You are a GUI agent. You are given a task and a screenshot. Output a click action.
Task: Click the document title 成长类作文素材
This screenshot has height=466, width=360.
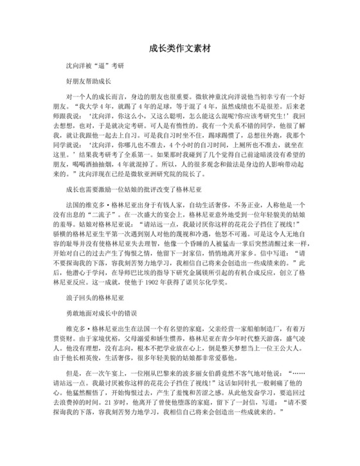[x=180, y=48]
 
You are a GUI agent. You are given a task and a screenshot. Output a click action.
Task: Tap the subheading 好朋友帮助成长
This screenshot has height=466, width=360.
[x=89, y=84]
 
